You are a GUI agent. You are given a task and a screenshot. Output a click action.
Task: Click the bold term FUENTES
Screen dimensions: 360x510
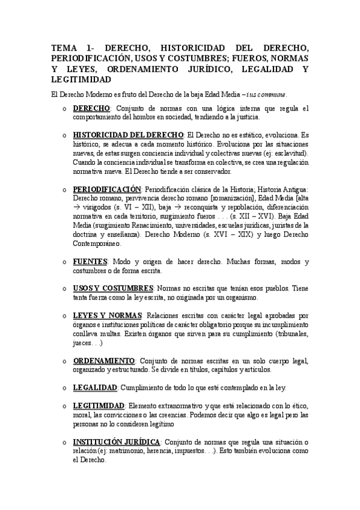pos(90,262)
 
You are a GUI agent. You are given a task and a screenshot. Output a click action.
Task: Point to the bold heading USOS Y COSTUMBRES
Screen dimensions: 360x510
pos(112,289)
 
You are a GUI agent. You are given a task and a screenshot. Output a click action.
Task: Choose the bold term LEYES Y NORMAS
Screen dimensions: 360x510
pos(107,315)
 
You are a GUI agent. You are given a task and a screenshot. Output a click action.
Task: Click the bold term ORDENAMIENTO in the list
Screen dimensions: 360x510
pos(103,360)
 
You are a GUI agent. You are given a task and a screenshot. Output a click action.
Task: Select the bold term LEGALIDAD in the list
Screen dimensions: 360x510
pos(95,387)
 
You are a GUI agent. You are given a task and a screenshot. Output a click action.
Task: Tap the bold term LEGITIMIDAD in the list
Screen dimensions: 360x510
pos(98,405)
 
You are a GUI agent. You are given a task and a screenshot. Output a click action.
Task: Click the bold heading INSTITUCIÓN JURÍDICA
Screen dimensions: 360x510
pos(116,441)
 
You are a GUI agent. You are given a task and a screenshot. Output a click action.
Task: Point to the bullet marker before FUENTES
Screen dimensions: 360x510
pos(63,263)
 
